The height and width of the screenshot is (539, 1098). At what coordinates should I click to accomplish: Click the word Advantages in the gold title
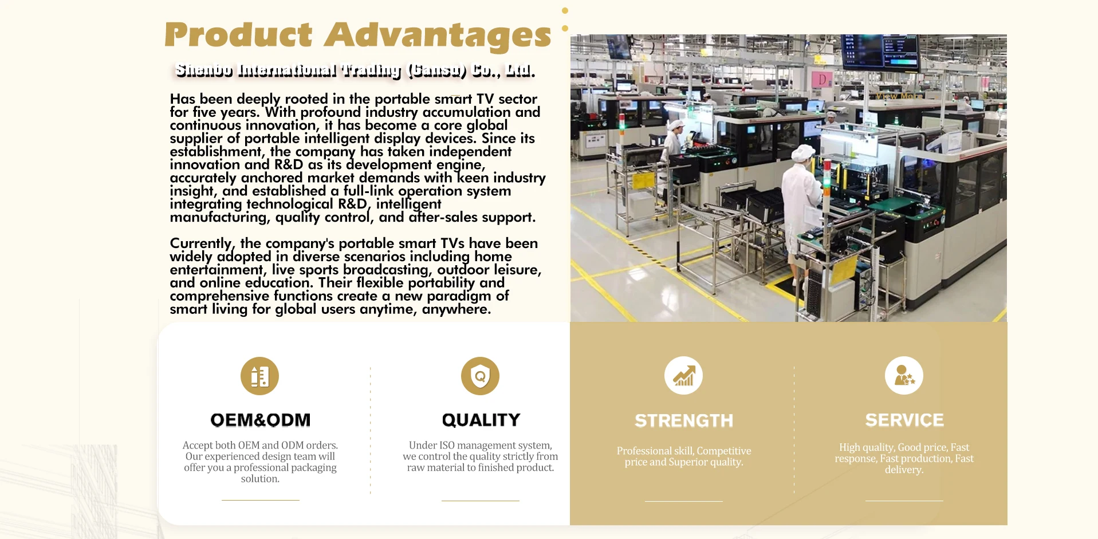(438, 37)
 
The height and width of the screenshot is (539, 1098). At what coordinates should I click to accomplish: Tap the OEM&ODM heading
(260, 420)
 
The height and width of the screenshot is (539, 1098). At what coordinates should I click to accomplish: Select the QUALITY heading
(481, 420)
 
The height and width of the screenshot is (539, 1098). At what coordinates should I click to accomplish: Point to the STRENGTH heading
(683, 420)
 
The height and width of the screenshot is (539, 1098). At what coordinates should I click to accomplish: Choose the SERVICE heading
(904, 420)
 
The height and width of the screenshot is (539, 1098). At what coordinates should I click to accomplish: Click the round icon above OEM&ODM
(259, 376)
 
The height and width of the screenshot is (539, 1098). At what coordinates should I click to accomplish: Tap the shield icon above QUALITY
(480, 376)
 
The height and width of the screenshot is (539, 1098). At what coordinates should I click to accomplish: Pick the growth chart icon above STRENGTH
(683, 376)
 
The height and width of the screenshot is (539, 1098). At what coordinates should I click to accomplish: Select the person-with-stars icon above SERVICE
(904, 376)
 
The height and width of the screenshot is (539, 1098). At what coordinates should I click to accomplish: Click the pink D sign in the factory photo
(822, 80)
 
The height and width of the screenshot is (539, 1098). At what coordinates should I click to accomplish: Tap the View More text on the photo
(899, 96)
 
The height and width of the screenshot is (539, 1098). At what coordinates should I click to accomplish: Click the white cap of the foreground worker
(804, 153)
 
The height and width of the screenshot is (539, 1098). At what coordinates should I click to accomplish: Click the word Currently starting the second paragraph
(201, 244)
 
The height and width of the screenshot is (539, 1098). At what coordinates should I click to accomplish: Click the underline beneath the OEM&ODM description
(260, 500)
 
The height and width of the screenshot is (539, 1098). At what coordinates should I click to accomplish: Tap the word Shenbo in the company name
(204, 70)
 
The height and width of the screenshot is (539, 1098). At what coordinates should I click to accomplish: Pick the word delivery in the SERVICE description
(904, 470)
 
